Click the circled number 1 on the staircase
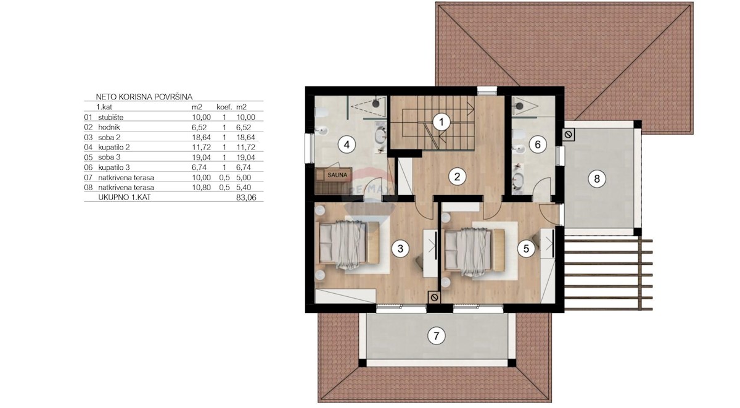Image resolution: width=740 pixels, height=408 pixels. [x=442, y=122]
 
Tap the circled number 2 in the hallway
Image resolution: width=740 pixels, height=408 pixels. [x=457, y=177]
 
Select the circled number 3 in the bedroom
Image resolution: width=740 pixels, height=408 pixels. [x=400, y=248]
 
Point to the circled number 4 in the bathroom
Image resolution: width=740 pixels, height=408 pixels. [x=347, y=144]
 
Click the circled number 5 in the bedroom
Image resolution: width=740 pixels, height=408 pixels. [x=526, y=248]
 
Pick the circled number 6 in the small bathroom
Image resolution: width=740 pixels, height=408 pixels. [x=538, y=144]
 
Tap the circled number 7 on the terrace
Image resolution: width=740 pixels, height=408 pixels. [x=437, y=336]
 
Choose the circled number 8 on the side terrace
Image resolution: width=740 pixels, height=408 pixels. [x=597, y=179]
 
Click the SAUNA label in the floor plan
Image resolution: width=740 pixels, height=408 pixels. [x=337, y=175]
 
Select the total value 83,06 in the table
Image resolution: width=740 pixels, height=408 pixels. [x=246, y=198]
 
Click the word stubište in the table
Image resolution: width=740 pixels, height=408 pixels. [x=110, y=117]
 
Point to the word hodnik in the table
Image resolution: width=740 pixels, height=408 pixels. [x=109, y=127]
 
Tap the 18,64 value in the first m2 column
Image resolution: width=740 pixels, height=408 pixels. [x=202, y=137]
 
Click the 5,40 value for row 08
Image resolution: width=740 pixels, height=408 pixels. [x=244, y=188]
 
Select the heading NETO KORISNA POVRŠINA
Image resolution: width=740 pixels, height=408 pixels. [x=144, y=97]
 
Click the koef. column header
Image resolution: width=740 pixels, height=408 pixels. [x=224, y=107]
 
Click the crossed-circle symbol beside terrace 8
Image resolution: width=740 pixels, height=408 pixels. [x=568, y=135]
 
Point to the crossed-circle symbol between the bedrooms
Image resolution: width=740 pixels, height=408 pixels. [x=435, y=298]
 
